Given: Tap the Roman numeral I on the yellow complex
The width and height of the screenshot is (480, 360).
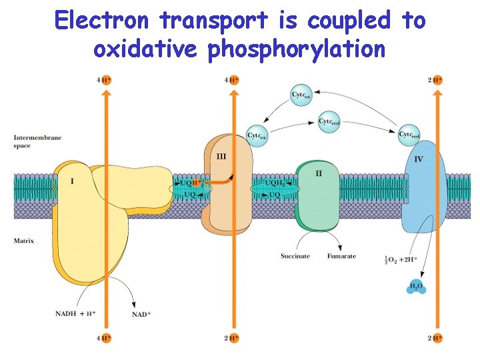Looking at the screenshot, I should click(72, 181).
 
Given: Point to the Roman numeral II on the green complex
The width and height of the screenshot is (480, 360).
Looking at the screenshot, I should click(319, 173).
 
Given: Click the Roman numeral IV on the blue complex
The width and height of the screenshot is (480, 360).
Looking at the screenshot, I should click(419, 159).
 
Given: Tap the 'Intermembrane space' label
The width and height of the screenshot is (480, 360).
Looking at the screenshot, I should click(37, 141).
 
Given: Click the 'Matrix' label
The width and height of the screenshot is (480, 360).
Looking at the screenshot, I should click(24, 240).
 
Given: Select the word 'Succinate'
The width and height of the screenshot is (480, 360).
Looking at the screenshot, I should click(295, 256).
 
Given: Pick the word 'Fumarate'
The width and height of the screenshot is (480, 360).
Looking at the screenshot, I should click(341, 256).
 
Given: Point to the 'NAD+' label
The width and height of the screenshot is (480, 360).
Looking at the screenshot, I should click(141, 314).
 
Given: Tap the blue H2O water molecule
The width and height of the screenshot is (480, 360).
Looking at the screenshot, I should click(416, 287).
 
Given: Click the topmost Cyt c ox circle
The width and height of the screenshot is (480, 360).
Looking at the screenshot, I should click(303, 95).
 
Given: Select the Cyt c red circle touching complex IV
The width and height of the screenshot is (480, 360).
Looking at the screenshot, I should click(409, 134).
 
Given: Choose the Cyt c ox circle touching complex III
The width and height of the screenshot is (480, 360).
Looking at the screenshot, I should click(257, 135).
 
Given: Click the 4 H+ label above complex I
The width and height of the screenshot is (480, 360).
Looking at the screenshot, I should click(104, 79).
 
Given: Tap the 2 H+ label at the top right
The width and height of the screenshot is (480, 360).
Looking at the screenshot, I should click(435, 80).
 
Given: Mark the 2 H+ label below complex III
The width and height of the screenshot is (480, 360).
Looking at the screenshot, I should click(231, 338).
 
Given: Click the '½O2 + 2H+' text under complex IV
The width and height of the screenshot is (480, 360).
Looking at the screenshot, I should click(401, 259).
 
